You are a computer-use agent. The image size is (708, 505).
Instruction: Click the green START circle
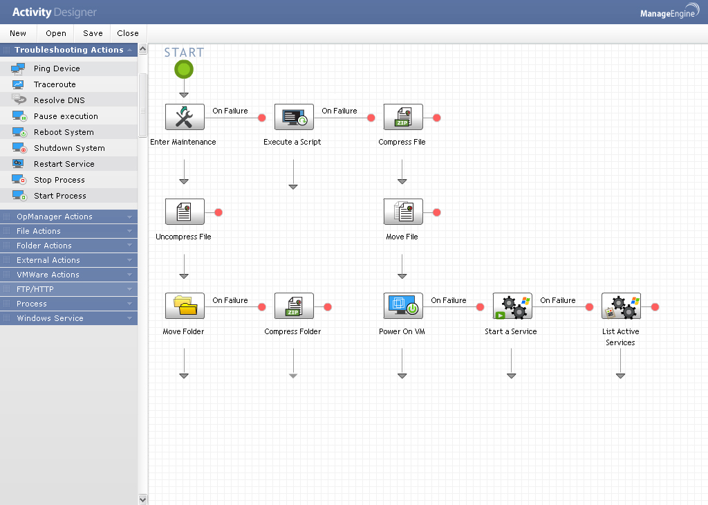pos(184,70)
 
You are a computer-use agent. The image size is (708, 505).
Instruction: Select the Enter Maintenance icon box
pos(185,117)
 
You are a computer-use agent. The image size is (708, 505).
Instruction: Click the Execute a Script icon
pos(294,117)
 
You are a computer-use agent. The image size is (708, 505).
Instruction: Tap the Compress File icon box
pos(403,117)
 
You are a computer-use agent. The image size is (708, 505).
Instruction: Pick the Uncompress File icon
pos(185,212)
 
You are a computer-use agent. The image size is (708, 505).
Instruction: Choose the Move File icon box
pos(403,212)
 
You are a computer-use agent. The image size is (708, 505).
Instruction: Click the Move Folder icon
pos(185,306)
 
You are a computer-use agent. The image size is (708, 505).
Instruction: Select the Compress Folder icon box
pos(294,306)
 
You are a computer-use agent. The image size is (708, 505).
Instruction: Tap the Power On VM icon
pos(403,306)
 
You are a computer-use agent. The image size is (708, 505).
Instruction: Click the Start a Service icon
pos(512,306)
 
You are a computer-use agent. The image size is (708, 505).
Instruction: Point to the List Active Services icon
pos(622,306)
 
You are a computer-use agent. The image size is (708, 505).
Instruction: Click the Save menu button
pos(93,33)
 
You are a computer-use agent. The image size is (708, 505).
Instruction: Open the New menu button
pos(18,33)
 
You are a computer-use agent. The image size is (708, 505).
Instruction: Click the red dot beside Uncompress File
pos(218,212)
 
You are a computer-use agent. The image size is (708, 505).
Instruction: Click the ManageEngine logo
pos(669,12)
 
